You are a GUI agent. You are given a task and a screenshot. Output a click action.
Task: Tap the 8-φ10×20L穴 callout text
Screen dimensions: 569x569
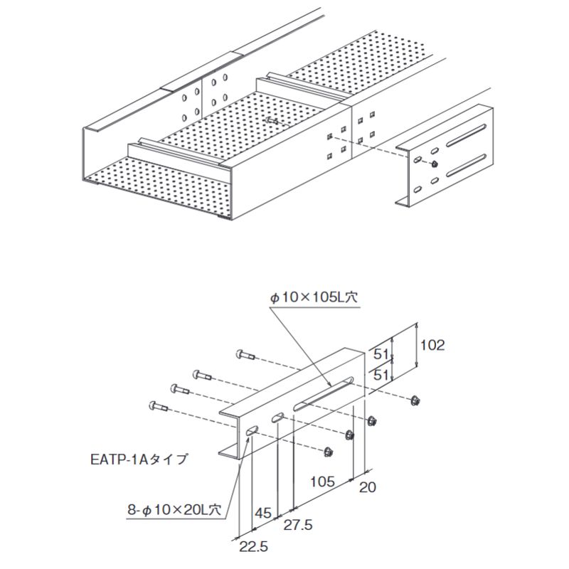point(171,509)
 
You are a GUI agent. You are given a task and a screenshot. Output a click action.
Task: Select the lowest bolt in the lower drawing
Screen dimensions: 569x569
point(157,406)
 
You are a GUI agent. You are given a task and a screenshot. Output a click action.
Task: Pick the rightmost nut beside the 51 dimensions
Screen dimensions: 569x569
point(413,400)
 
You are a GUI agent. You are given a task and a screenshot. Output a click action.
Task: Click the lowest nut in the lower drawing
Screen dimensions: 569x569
point(328,450)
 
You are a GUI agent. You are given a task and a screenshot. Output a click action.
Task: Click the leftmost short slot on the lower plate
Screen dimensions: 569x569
point(250,430)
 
